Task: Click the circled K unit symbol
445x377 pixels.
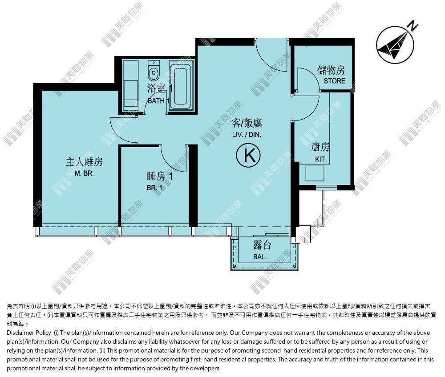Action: point(248,155)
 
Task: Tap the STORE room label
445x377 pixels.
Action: point(334,81)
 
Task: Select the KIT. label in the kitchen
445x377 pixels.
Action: point(321,159)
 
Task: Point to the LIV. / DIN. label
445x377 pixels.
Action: point(247,135)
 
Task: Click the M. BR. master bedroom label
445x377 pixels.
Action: point(84,173)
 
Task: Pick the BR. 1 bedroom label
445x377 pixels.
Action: point(155,188)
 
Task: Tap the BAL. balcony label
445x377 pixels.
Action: point(260,257)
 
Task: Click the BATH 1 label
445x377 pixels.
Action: point(158,100)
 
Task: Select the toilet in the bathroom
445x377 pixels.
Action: point(154,71)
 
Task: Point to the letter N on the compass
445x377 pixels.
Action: point(413,26)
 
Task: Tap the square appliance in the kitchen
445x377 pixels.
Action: point(315,173)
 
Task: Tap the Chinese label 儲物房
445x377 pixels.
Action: point(331,70)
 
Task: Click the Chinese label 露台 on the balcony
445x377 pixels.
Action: point(262,245)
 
